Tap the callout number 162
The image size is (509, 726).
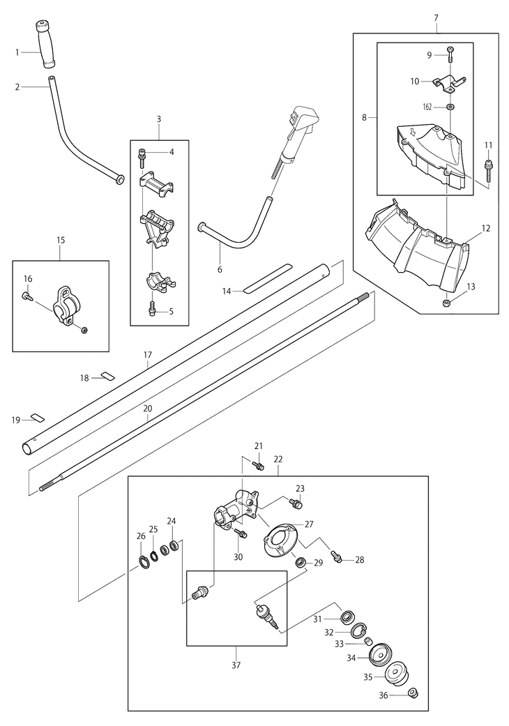[427, 107]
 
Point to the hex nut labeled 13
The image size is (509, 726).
[447, 303]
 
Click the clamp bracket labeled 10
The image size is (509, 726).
[449, 82]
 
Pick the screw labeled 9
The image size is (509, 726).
[449, 54]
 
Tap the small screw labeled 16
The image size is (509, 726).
[26, 297]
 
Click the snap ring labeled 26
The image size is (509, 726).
[144, 563]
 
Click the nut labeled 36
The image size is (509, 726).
[413, 693]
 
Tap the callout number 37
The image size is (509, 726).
[236, 665]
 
